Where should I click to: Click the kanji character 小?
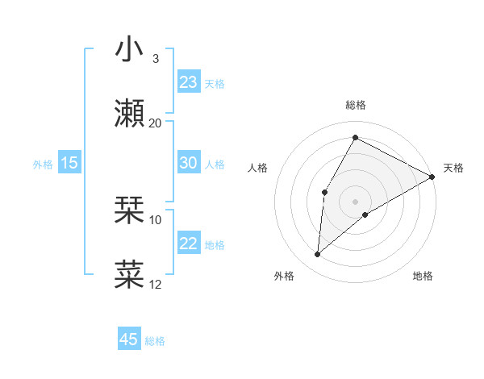coord(130,49)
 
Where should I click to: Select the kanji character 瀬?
coord(130,114)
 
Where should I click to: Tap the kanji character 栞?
coord(130,210)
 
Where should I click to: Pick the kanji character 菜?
coord(130,274)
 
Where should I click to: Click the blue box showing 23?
coord(189,82)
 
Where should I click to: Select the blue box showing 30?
coord(189,163)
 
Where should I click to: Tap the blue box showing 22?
coord(189,244)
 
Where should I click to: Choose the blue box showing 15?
coord(69,163)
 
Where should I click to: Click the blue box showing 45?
coord(129,339)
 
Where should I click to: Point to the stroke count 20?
coord(156,123)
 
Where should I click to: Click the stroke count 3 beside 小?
coord(155,58)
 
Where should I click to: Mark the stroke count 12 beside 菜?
coord(156,284)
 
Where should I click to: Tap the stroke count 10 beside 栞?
coord(156,219)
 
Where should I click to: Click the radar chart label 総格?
coord(355,105)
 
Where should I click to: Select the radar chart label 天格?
coord(453,168)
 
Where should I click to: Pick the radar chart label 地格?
coord(423,276)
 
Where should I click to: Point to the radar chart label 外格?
coord(284,276)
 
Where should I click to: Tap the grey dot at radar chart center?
coord(355,201)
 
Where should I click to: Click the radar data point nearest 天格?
coord(432,177)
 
